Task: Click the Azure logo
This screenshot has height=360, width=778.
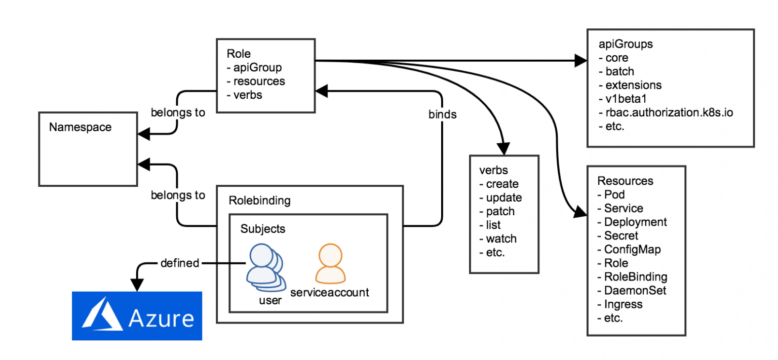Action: [137, 316]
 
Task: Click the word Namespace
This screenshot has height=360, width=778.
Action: [80, 127]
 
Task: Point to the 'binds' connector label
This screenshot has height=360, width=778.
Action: [443, 114]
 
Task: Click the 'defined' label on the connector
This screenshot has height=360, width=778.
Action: [179, 263]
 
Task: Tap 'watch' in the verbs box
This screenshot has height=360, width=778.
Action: [501, 238]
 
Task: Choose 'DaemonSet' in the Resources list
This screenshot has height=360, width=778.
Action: [635, 290]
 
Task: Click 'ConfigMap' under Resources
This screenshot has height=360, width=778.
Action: [632, 249]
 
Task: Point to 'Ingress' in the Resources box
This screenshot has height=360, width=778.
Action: [623, 304]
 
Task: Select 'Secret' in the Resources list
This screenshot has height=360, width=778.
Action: [621, 235]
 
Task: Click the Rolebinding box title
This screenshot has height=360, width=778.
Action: [260, 201]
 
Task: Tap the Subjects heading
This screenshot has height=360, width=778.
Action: [263, 228]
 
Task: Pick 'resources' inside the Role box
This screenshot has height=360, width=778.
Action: [259, 81]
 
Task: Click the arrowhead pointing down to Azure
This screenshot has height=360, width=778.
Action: [137, 285]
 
